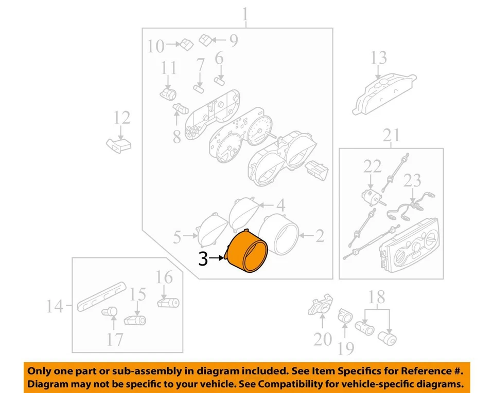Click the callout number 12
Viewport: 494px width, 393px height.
(122, 119)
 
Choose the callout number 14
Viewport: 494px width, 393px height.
(55, 307)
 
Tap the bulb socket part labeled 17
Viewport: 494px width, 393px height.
(110, 311)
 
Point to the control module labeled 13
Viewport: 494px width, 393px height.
(383, 92)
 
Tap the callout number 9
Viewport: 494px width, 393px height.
(233, 41)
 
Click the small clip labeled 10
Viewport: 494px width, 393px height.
(186, 44)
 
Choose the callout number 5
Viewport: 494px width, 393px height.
(177, 237)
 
